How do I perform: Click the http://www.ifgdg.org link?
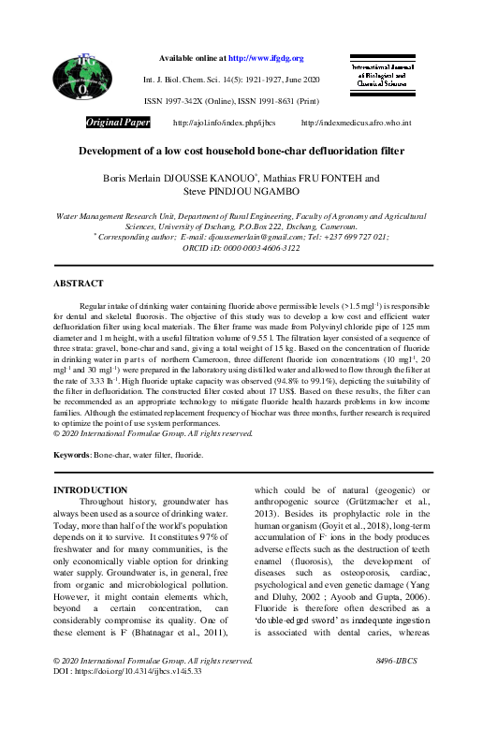[x=269, y=58]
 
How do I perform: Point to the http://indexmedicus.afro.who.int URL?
[x=353, y=124]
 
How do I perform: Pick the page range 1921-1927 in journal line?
[x=290, y=80]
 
